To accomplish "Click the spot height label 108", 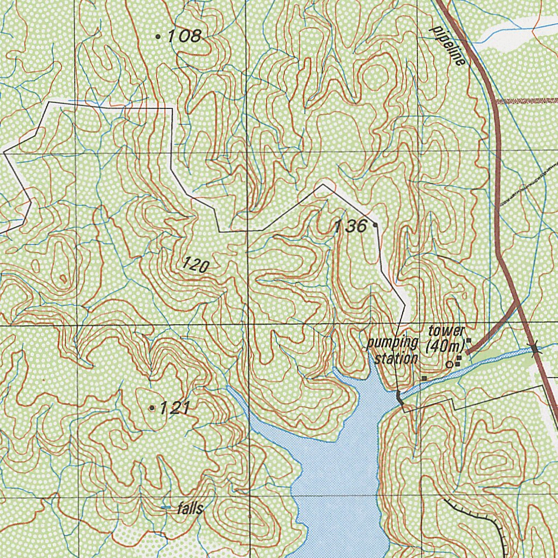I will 185,37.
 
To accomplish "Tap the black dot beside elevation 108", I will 158,37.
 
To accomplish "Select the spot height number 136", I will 350,226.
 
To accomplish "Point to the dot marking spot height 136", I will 375,224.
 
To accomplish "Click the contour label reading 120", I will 196,265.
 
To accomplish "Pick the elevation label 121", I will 175,408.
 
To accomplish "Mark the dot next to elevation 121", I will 151,408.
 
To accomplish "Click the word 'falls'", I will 191,509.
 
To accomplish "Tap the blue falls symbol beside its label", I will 166,508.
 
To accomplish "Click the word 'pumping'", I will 392,343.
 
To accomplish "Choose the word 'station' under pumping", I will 399,358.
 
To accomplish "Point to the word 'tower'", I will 446,331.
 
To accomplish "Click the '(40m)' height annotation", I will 445,345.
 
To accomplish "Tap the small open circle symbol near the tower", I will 449,363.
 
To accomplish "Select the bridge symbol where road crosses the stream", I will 536,348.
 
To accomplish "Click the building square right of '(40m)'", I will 468,341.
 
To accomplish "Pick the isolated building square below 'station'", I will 423,377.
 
